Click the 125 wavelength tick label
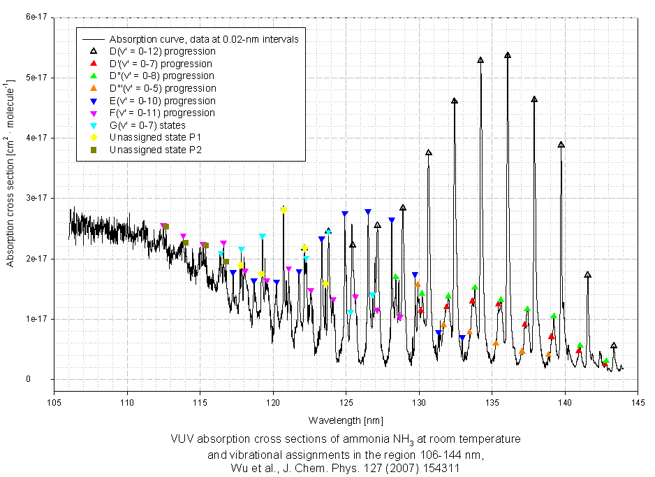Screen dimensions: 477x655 [346, 401]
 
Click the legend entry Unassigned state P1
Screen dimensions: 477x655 [155, 137]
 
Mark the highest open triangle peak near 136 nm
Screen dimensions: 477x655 [508, 55]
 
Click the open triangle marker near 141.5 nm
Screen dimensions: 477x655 [588, 275]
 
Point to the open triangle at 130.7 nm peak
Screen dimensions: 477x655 [429, 152]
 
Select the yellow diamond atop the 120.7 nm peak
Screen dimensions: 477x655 [284, 210]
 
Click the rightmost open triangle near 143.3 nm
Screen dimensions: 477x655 [614, 346]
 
